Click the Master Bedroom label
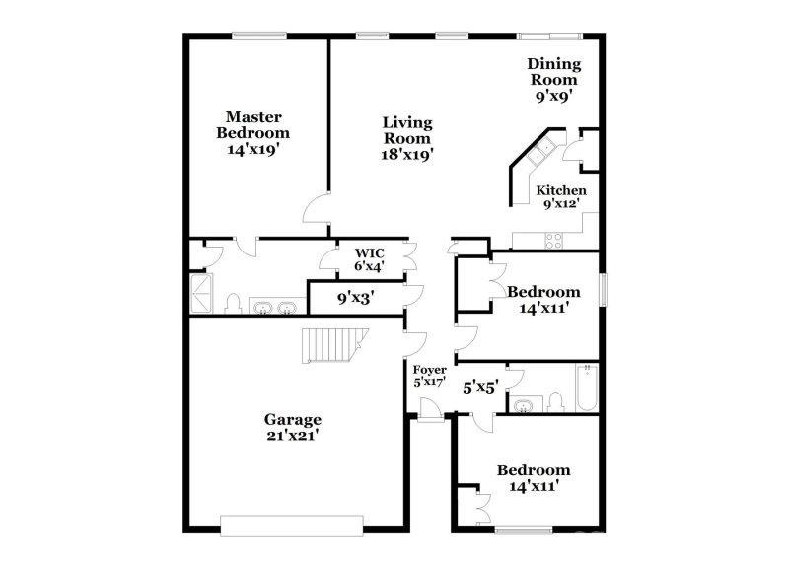[x=253, y=133]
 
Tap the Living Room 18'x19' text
[x=407, y=138]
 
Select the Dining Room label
[x=554, y=80]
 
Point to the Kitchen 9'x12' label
[x=561, y=196]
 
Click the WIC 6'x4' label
[x=370, y=258]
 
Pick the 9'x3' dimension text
[x=356, y=296]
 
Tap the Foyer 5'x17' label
[x=430, y=376]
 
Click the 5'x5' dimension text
[x=480, y=388]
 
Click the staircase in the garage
[x=330, y=346]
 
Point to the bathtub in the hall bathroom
[x=587, y=388]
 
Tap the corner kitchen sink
[x=540, y=153]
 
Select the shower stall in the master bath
[x=201, y=293]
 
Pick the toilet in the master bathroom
[x=234, y=303]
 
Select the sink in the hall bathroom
[x=524, y=403]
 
